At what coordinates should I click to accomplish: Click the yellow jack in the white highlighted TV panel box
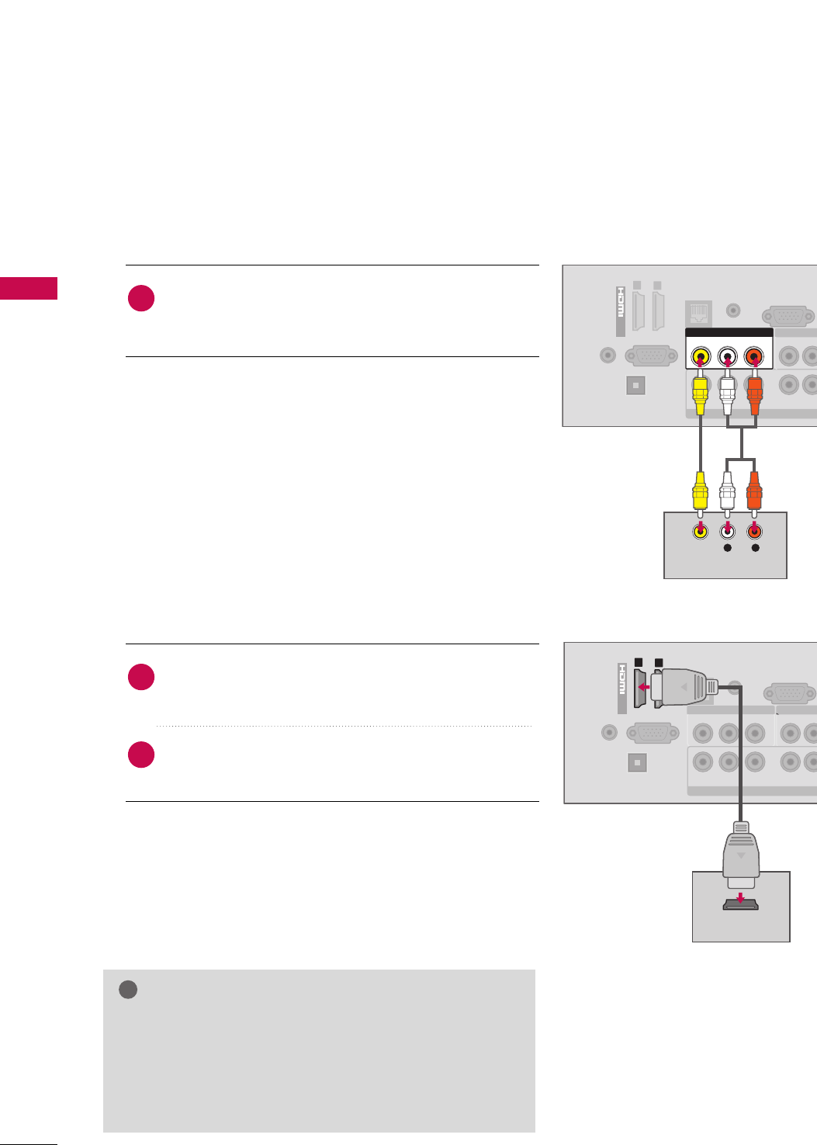pos(701,357)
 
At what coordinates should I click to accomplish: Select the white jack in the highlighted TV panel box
pos(728,357)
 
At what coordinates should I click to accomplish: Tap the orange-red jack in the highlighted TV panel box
pos(754,357)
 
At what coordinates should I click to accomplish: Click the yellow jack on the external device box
pos(701,532)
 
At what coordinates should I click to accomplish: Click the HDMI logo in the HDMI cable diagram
pos(621,688)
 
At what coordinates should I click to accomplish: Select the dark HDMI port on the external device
pos(741,904)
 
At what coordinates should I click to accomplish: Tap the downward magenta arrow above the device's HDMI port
pos(741,897)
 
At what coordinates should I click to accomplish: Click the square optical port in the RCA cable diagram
pos(635,385)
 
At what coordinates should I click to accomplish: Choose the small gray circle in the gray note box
pos(128,989)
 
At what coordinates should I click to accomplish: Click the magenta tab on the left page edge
pos(29,287)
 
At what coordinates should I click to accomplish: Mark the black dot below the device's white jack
pos(728,549)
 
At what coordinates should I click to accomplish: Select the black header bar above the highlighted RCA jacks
pos(729,332)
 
